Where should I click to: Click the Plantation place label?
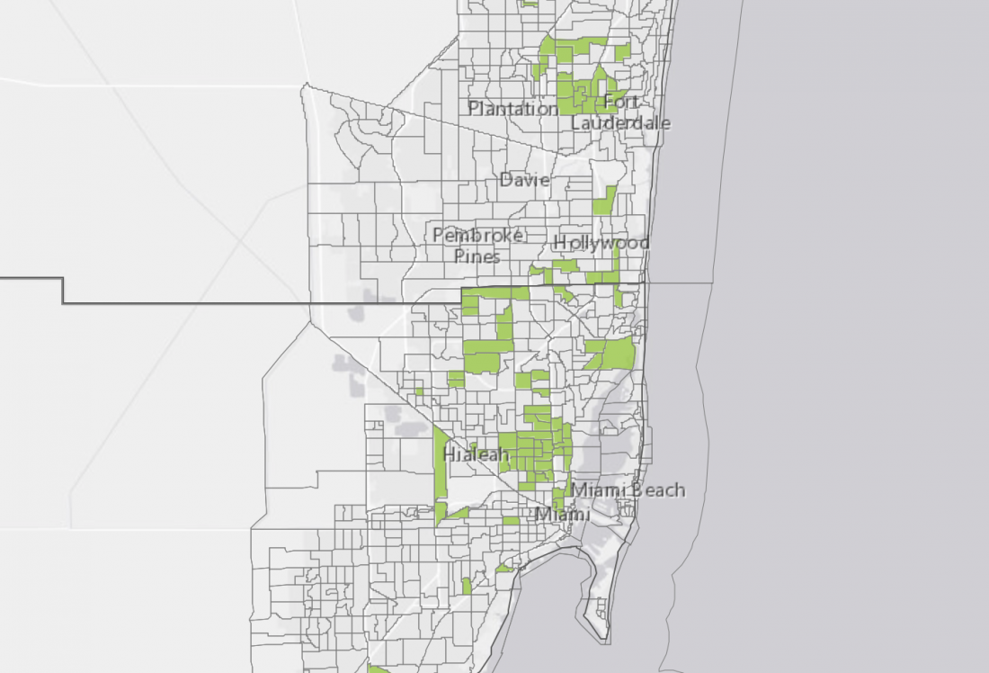click(x=512, y=109)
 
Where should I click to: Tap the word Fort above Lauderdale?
click(x=622, y=101)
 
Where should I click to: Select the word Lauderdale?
click(x=620, y=122)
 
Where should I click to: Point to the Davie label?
click(x=524, y=180)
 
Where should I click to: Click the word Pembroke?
click(x=477, y=235)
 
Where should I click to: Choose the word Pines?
click(x=477, y=256)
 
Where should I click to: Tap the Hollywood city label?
click(x=601, y=243)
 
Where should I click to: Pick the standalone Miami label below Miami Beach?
click(x=563, y=515)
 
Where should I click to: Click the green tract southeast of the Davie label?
click(x=606, y=200)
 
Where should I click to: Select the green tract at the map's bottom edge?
click(x=378, y=669)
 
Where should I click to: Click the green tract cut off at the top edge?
click(x=529, y=3)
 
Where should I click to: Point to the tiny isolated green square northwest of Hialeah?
click(x=419, y=391)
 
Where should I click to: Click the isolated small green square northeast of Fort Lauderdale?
click(x=622, y=52)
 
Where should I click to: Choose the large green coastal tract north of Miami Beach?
click(x=617, y=354)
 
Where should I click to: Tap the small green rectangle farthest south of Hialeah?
click(x=467, y=586)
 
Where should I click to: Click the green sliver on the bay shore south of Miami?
click(x=504, y=569)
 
